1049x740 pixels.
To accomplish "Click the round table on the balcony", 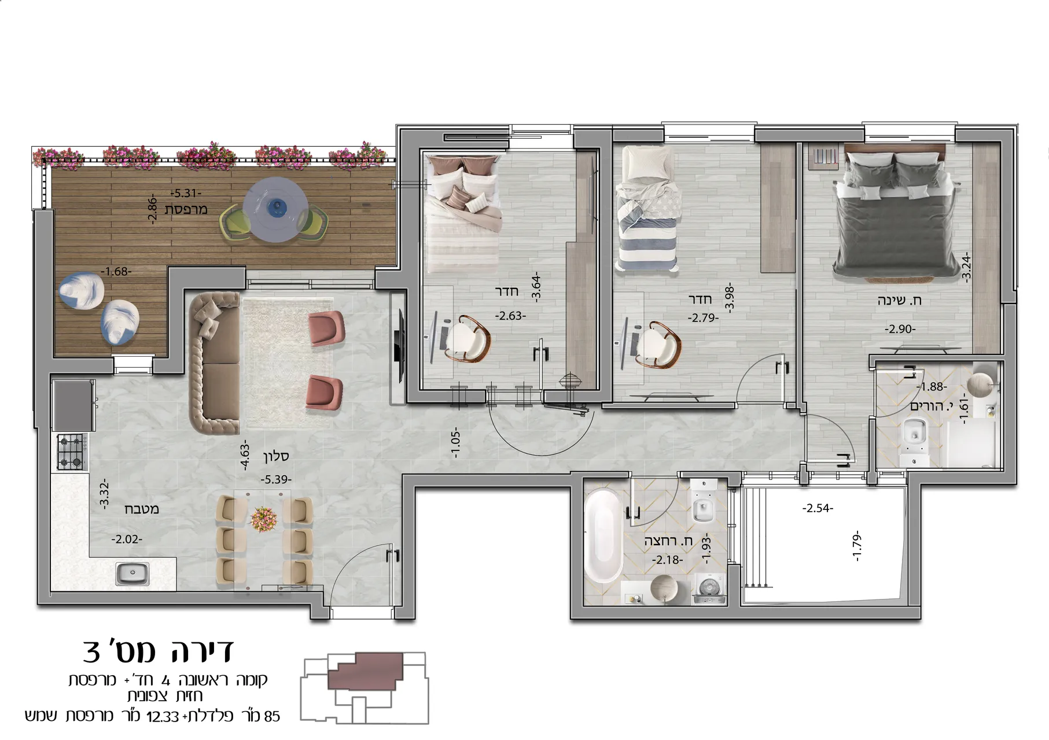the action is [275, 209].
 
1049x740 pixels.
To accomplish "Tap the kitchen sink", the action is [133, 574].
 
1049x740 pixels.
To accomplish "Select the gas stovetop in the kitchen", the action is [72, 452].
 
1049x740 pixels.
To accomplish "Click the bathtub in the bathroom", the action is [603, 536].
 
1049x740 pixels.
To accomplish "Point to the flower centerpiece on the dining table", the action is [264, 517].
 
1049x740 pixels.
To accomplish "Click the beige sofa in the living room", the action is [214, 363].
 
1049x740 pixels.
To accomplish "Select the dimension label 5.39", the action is [276, 479].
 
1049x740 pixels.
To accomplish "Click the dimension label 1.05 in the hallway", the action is [455, 443].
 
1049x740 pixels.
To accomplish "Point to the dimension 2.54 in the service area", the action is [818, 509].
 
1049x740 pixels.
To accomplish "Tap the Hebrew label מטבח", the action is [142, 509].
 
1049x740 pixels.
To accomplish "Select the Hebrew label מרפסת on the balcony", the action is [186, 209].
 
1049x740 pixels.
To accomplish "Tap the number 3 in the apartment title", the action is [92, 652].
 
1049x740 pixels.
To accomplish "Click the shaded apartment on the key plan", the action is [366, 671].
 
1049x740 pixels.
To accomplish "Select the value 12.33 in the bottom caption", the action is [164, 717].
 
